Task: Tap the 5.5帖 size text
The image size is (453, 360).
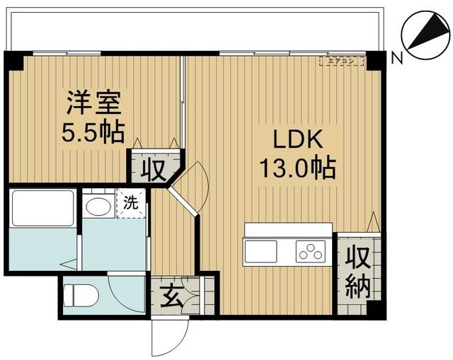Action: coord(95,132)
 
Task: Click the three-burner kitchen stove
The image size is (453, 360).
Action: coord(310,250)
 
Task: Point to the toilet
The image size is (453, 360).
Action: coord(79,293)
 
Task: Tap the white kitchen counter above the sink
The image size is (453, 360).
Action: coord(287,230)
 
